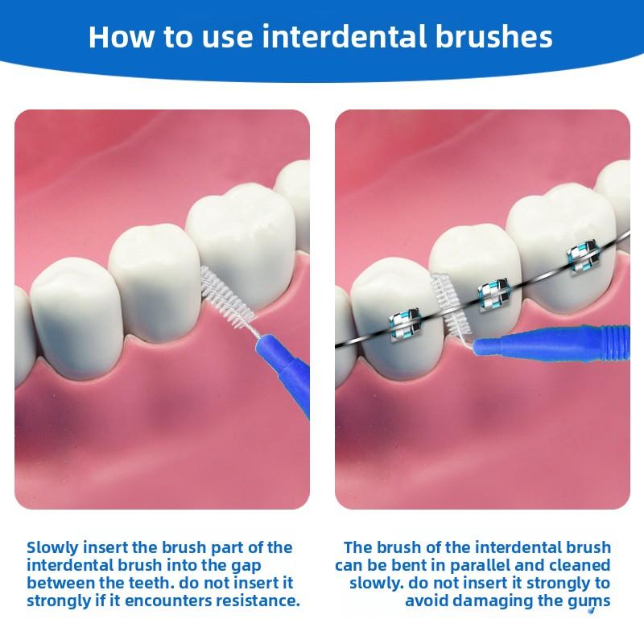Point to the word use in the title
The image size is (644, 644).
point(218,37)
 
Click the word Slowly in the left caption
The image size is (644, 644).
point(55,547)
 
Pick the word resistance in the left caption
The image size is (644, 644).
point(258,601)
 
